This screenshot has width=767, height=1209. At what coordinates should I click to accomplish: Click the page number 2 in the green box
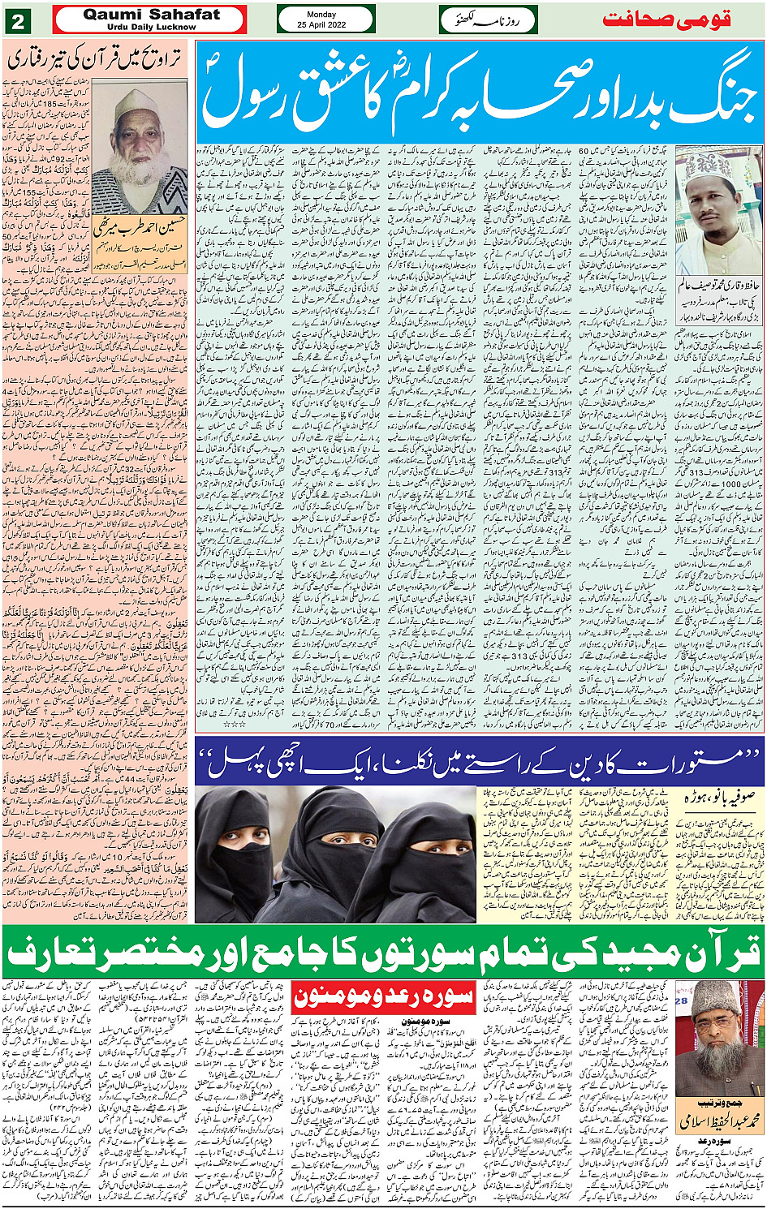point(17,19)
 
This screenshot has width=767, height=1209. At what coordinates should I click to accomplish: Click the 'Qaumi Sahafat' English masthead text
point(151,15)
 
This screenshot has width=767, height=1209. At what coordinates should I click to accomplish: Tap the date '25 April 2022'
point(326,25)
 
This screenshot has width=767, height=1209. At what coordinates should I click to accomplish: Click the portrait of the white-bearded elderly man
point(139,145)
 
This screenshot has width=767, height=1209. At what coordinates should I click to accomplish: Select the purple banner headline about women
point(479,761)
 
